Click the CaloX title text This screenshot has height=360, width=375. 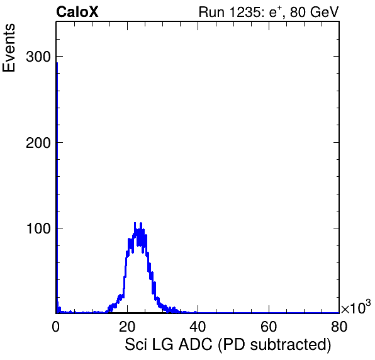77,12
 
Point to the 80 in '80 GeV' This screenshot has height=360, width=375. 298,12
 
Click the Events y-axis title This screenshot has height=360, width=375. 9,48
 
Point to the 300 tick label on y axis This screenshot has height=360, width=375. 38,57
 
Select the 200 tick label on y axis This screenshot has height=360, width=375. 38,143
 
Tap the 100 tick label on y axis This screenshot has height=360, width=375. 38,228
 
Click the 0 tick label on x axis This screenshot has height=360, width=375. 56,327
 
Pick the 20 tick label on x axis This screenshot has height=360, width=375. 127,327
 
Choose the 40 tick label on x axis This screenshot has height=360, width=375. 198,327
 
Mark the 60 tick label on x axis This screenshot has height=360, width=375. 269,327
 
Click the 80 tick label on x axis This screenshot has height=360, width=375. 339,327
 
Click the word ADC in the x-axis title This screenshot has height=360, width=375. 196,344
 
